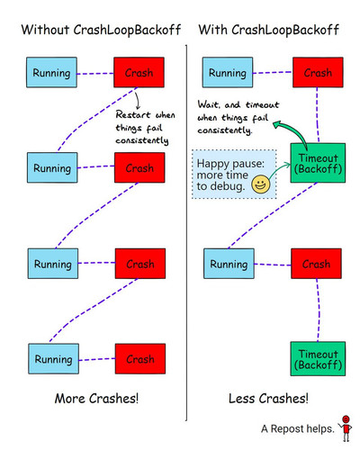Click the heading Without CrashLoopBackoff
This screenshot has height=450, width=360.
pyautogui.click(x=101, y=30)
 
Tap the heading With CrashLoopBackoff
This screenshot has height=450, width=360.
pyautogui.click(x=269, y=30)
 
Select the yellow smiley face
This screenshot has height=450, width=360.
pyautogui.click(x=260, y=184)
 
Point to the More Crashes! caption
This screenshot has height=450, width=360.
pyautogui.click(x=96, y=399)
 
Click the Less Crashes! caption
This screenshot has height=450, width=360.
pyautogui.click(x=268, y=399)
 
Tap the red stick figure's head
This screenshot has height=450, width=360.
pyautogui.click(x=346, y=419)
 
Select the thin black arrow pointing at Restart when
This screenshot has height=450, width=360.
pyautogui.click(x=138, y=101)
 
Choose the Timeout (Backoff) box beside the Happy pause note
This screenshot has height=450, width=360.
pyautogui.click(x=318, y=163)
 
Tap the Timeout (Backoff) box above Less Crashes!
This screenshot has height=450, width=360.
pyautogui.click(x=318, y=359)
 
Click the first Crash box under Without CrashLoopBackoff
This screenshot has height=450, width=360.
pyautogui.click(x=139, y=72)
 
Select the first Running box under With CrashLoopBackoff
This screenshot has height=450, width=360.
pyautogui.click(x=228, y=72)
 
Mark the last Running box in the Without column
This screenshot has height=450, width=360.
pyautogui.click(x=53, y=359)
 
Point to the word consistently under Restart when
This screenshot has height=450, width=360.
pyautogui.click(x=142, y=140)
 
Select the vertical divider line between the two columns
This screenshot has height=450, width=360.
pyautogui.click(x=186, y=233)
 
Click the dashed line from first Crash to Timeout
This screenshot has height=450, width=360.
pyautogui.click(x=318, y=115)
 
